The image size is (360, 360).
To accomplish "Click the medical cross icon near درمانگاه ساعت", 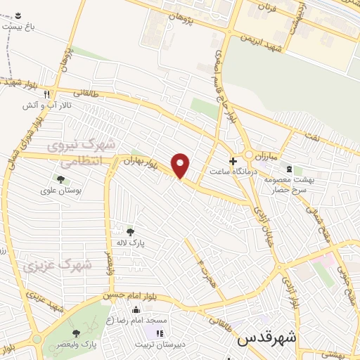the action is [x=233, y=160].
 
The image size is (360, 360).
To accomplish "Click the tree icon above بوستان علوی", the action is [x=60, y=180].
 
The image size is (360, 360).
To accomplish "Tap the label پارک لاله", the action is [x=130, y=241].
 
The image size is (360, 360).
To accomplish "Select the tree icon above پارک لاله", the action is [x=129, y=231].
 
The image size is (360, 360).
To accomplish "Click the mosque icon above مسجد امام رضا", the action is [x=132, y=310].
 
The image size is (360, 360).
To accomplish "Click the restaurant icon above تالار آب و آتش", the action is [x=46, y=94].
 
